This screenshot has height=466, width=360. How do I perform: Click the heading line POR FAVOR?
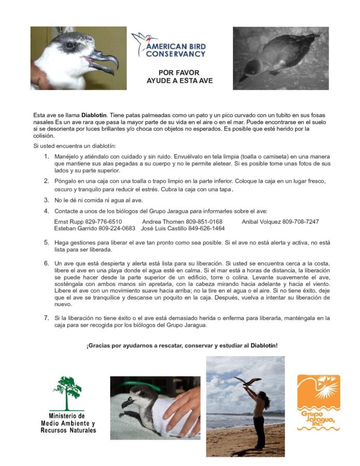coord(179,73)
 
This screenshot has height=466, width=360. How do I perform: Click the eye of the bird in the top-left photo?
coord(69,45)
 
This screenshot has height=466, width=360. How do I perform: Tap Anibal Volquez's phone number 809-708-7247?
coord(300,222)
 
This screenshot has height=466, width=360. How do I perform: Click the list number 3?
coord(47,200)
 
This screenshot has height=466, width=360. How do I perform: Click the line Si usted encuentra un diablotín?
coord(74,145)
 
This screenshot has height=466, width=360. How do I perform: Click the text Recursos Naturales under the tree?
coord(68,430)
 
